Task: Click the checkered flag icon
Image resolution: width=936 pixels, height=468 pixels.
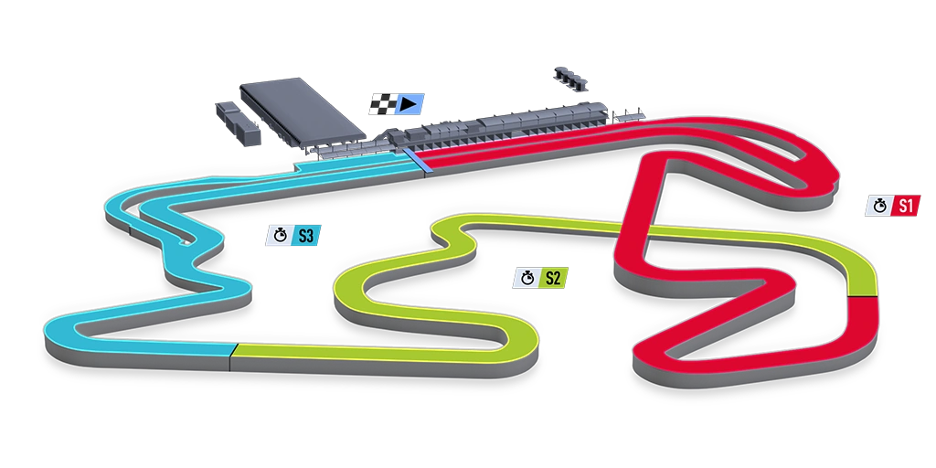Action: point(382,103)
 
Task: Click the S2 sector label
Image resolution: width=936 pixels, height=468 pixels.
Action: point(551,277)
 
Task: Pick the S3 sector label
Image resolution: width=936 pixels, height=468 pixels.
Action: point(305,236)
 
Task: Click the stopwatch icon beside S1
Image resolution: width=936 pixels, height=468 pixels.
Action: point(878,207)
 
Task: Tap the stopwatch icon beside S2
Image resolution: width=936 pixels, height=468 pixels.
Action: point(526,277)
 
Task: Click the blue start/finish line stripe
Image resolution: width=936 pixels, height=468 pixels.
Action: point(420,160)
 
